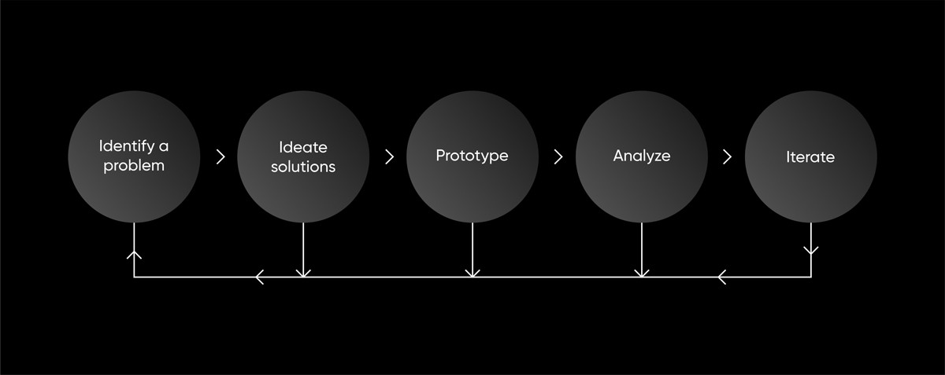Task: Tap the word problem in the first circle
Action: (x=134, y=166)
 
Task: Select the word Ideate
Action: (x=303, y=147)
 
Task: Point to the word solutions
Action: (x=303, y=167)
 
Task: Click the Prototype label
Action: (x=472, y=156)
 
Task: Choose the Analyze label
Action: (x=642, y=156)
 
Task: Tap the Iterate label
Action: (x=810, y=156)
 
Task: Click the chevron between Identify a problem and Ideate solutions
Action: (x=220, y=156)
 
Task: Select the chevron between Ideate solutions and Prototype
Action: (x=389, y=156)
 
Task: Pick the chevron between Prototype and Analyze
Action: (x=558, y=156)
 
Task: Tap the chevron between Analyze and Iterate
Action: (x=727, y=156)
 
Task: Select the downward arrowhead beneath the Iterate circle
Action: (x=811, y=251)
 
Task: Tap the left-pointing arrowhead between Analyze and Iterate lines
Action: (x=721, y=277)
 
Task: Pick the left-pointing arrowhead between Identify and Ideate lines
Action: (x=260, y=277)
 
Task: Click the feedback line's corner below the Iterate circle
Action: (x=811, y=277)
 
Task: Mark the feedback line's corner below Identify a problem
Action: (x=134, y=277)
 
